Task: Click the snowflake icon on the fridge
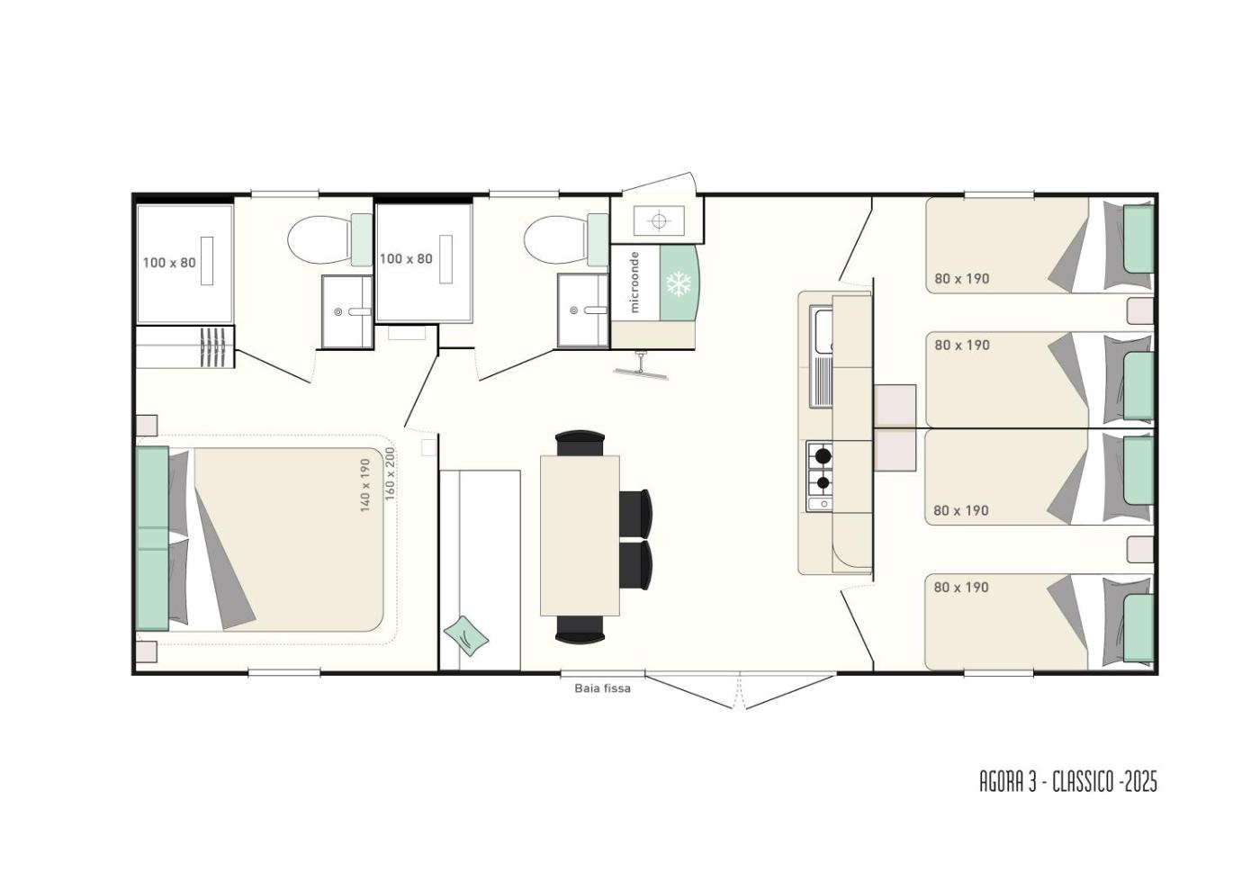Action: [679, 283]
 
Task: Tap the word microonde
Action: [635, 282]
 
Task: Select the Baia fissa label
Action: [602, 688]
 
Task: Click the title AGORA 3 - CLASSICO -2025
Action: [1068, 783]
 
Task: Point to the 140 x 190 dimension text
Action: [365, 485]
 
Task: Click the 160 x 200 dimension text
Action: [390, 473]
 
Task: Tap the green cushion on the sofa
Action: [466, 635]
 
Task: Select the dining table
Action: [580, 535]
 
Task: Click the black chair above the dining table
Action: [580, 443]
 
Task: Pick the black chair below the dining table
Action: [580, 629]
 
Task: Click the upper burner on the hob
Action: [823, 454]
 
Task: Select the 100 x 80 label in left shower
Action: [169, 263]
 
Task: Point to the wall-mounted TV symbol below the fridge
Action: [641, 367]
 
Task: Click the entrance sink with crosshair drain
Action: [659, 220]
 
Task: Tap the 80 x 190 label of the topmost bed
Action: [962, 278]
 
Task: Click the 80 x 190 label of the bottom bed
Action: [961, 588]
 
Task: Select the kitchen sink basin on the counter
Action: [821, 328]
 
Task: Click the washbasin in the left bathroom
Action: [347, 311]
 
